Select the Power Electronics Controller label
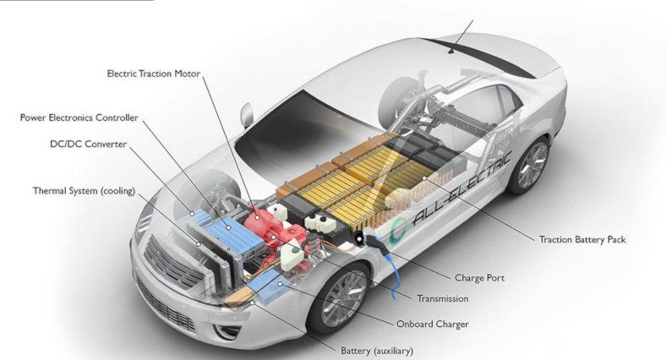tap(79, 117)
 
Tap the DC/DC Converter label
tap(88, 145)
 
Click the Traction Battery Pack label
tap(582, 239)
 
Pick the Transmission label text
tap(442, 298)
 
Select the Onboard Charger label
tap(433, 324)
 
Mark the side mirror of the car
tap(247, 113)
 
